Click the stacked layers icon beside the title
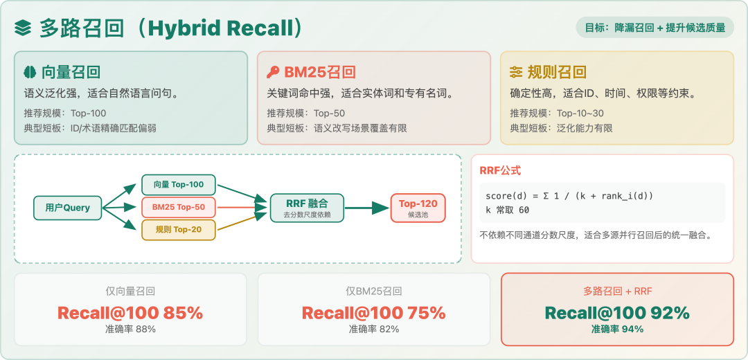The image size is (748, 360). pos(24,28)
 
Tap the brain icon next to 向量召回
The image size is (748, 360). pos(30,72)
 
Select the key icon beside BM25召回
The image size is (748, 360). pos(273,72)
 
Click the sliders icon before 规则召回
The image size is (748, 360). pos(517,72)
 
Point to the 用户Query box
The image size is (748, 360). pos(68,208)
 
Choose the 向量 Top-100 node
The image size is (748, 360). pos(179,185)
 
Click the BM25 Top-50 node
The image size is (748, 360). pos(179,207)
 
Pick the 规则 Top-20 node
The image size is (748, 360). pos(179,230)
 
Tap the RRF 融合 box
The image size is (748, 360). pos(306,207)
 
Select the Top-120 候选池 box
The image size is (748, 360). pos(418,207)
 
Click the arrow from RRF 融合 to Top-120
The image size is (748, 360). pos(367,207)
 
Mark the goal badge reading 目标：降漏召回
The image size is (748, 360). pos(655,28)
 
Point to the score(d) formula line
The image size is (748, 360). pos(569,196)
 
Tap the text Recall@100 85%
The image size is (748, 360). pos(130,313)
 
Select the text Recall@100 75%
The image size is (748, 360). pos(373,313)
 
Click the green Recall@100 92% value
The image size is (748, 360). pos(617,313)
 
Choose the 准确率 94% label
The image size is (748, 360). pos(617,330)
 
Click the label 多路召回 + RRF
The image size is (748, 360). pos(617,291)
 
